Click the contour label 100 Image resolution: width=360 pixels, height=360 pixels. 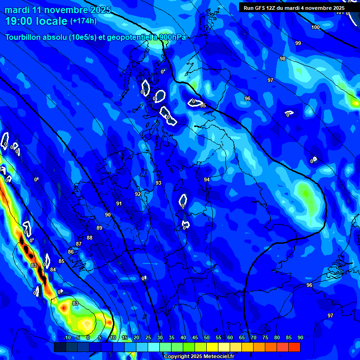click(315, 28)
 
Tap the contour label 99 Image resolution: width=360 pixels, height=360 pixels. click(298, 43)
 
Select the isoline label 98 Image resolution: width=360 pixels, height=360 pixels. click(282, 59)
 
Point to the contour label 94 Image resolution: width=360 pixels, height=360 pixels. click(207, 180)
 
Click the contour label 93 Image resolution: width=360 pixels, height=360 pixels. click(158, 183)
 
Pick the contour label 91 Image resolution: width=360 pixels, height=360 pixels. click(119, 203)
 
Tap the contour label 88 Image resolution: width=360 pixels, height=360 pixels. click(90, 238)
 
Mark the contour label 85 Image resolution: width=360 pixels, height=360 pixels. click(61, 261)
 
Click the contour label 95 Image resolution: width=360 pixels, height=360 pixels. click(203, 105)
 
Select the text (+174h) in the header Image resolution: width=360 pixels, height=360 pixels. click(83, 21)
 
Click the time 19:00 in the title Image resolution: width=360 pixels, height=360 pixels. click(20, 21)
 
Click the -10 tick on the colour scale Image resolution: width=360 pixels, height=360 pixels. click(67, 338)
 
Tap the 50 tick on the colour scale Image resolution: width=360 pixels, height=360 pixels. click(207, 338)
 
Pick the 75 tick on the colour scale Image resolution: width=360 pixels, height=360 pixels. click(265, 338)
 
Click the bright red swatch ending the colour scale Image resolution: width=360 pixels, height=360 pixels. click(294, 347)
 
